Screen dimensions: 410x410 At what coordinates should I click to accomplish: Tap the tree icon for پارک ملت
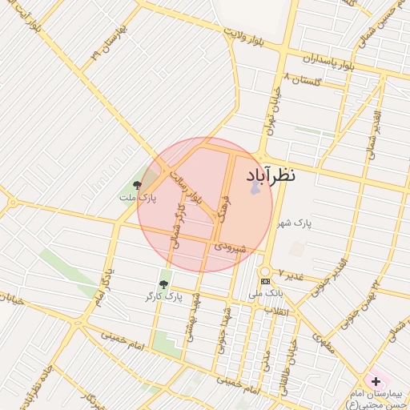click(x=137, y=185)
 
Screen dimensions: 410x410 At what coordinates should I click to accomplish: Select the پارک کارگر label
click(x=164, y=296)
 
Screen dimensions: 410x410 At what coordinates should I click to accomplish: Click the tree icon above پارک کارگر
click(x=163, y=284)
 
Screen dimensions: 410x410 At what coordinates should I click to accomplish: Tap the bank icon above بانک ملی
click(x=264, y=282)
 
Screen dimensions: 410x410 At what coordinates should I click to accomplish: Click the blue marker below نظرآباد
click(x=255, y=189)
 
